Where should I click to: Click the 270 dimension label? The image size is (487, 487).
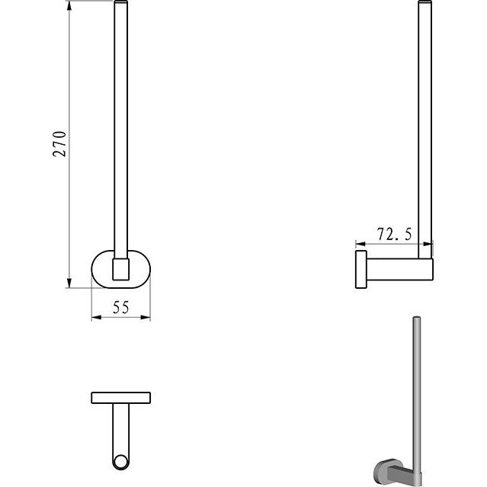pos(59,144)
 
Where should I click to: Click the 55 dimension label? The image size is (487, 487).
pos(121,307)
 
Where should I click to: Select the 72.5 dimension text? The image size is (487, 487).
pos(395,234)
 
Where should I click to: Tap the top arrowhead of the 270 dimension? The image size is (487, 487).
pos(69,5)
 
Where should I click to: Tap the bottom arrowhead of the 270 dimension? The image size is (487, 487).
pos(69,283)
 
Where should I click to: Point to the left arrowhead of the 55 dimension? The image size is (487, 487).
pos(97,317)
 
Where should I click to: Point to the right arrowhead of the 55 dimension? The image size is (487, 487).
pos(146,317)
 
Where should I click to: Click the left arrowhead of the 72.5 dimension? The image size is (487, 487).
pos(360,244)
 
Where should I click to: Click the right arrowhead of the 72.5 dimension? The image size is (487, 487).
pos(428,244)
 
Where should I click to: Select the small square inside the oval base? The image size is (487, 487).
pos(121,269)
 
